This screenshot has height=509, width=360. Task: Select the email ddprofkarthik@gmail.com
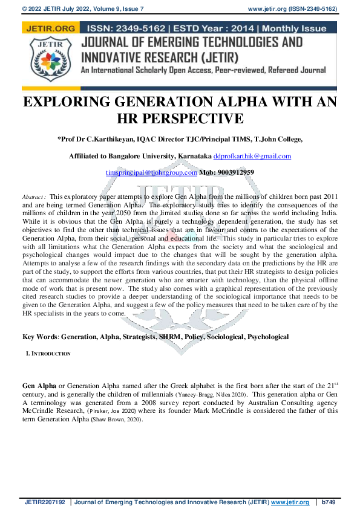point(252,156)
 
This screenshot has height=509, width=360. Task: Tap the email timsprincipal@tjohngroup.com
point(151,172)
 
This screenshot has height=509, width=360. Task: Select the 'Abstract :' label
point(34,197)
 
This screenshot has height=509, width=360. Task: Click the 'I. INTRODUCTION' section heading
point(48,354)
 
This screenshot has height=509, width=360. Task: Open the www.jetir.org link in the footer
point(290,502)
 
